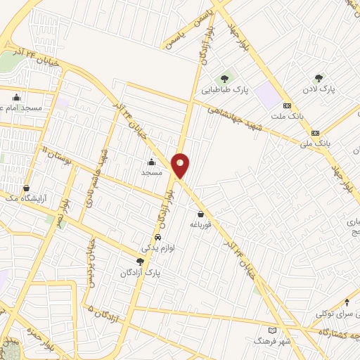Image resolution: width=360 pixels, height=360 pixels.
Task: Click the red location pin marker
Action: click(x=181, y=165)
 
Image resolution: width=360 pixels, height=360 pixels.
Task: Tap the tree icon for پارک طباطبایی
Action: click(x=224, y=77)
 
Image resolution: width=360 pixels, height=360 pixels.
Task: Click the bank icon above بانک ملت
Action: click(x=286, y=105)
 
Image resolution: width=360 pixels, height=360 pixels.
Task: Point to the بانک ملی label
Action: click(x=315, y=143)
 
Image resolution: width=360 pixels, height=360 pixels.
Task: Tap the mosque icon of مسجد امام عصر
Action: click(x=16, y=97)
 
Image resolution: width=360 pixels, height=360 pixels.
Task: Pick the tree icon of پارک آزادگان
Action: click(x=139, y=262)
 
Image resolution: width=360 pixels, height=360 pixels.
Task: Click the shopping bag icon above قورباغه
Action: click(x=201, y=214)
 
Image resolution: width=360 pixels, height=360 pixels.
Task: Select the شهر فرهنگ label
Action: click(x=273, y=340)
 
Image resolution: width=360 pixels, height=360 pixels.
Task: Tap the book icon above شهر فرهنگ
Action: click(x=273, y=330)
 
